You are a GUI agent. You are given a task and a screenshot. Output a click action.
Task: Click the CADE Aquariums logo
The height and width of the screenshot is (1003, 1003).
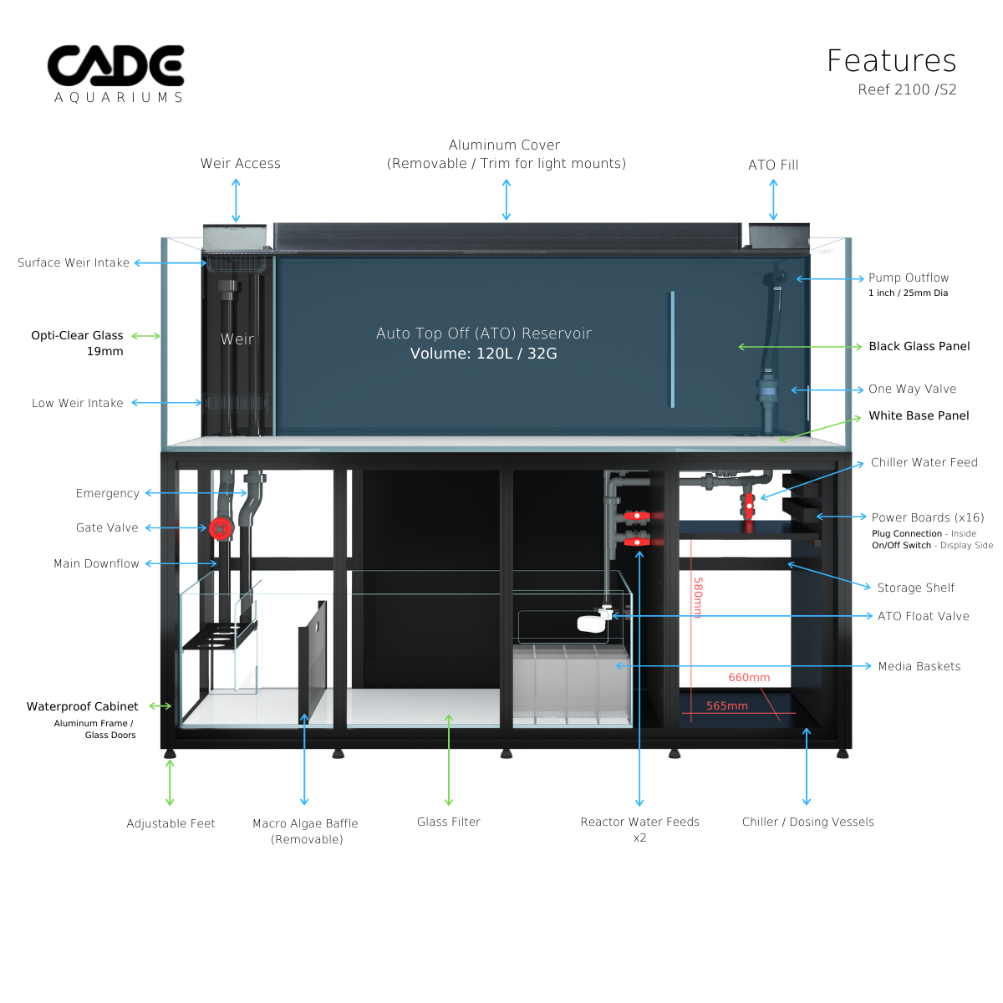click(116, 74)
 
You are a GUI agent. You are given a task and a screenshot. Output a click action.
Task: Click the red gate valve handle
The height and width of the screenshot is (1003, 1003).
click(221, 528)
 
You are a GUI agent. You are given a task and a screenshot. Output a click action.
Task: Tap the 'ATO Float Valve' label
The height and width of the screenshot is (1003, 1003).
click(923, 616)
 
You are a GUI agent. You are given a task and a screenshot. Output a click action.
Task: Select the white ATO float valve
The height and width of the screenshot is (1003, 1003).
click(591, 623)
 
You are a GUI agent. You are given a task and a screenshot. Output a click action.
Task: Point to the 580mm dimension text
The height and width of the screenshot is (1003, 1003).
click(698, 598)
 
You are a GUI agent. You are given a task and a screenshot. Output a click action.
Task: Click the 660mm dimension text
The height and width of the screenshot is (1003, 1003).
click(749, 678)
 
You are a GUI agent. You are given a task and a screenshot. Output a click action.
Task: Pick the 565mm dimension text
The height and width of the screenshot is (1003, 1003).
click(726, 706)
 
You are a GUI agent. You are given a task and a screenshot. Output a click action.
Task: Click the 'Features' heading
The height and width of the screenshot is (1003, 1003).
click(891, 61)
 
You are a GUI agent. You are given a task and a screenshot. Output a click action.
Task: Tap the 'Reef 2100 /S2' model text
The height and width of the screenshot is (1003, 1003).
click(907, 89)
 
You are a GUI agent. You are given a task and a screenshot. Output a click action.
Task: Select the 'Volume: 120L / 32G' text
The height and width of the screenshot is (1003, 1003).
click(483, 354)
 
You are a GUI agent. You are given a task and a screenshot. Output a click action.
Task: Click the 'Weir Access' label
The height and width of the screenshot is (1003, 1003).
click(240, 164)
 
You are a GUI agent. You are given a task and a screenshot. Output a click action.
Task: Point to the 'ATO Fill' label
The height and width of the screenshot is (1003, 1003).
click(773, 165)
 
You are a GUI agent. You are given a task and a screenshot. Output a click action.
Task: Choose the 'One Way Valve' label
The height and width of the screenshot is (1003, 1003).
click(912, 389)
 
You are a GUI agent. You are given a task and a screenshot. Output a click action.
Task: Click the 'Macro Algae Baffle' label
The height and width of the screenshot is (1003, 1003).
click(305, 824)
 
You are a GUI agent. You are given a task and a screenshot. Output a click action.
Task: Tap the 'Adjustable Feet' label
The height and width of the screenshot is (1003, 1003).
click(171, 824)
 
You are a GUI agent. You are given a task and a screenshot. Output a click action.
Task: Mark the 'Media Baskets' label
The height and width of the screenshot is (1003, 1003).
click(919, 666)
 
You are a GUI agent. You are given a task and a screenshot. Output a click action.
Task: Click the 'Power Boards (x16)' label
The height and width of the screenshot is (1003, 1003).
click(928, 517)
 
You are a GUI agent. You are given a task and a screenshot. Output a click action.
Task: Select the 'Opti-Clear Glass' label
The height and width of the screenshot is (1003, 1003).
click(77, 335)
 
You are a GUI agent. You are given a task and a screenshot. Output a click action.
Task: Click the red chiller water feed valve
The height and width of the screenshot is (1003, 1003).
click(748, 507)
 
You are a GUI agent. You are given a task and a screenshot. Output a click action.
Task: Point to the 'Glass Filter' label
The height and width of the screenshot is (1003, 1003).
click(449, 822)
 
